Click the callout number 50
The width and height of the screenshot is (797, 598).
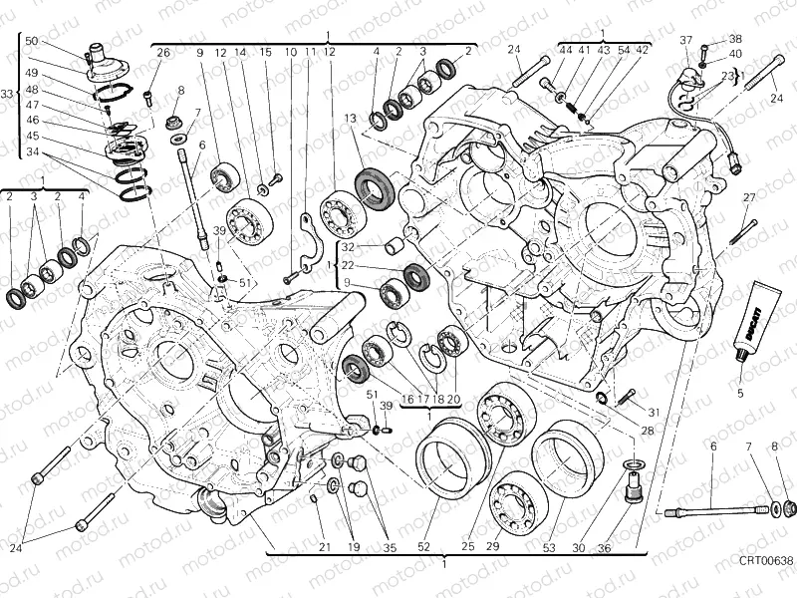[x=31, y=41]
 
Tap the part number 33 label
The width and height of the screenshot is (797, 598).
[x=7, y=94]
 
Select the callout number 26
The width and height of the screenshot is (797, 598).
[x=163, y=52]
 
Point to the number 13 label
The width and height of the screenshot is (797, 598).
[x=351, y=119]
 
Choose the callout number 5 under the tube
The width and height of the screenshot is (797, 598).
[x=740, y=393]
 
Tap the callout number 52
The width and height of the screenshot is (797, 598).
[x=423, y=546]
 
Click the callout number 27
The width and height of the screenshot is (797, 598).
[x=749, y=196]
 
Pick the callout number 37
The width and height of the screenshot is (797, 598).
[x=685, y=40]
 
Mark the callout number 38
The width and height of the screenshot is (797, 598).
[x=735, y=39]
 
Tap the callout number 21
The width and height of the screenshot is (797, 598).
[x=324, y=546]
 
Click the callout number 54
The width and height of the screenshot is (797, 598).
[x=624, y=49]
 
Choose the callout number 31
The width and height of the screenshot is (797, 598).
[x=654, y=413]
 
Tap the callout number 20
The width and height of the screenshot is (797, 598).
[x=453, y=399]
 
